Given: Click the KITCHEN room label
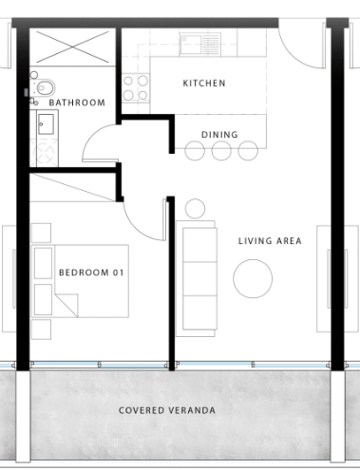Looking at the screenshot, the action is pos(204,84).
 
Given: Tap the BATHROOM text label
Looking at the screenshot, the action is pos(77,103).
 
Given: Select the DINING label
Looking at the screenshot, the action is pos(219,135).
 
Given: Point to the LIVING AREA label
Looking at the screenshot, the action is pos(270,241).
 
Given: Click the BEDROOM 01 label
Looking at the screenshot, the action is pos(91,273).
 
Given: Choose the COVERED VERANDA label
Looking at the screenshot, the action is pos(167,410).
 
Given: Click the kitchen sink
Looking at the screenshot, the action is pos(200,45).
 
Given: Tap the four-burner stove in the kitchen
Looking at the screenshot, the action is pos(136,88).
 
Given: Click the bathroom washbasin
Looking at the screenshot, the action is pos(46,124).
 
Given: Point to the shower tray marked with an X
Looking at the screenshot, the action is pos(72,47).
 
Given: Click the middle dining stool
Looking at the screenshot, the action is pos(221,151).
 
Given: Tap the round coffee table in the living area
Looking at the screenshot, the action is pos(253,278).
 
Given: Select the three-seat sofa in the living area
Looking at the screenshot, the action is pos(197,278).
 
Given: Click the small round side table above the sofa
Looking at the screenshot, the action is pos(195,209).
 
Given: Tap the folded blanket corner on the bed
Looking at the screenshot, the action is pos(67,305).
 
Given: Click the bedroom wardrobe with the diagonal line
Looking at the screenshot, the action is pos(72,187).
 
